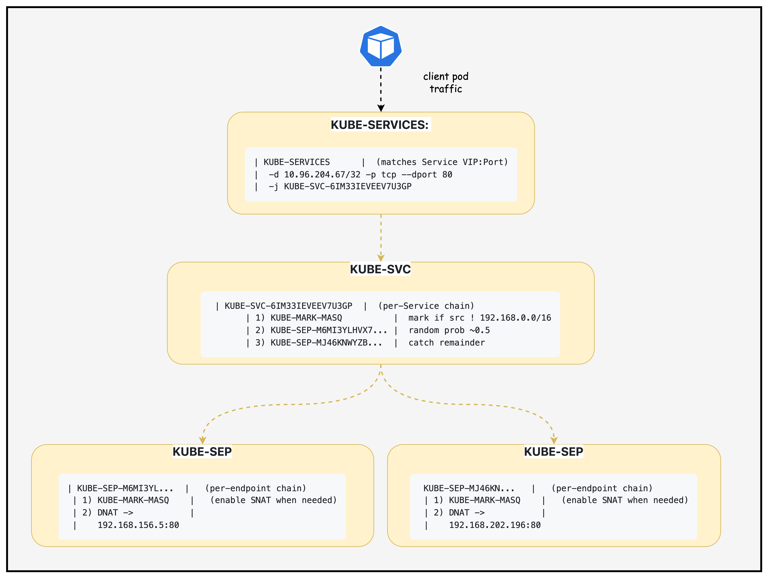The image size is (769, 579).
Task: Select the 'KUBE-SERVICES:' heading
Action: coord(380,125)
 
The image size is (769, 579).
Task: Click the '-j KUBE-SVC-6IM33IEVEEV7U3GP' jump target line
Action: coord(340,186)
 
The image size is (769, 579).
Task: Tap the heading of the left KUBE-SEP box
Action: coord(202,452)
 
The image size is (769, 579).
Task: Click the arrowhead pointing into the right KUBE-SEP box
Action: coord(554,440)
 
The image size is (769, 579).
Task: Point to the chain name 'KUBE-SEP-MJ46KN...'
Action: coord(469,488)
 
